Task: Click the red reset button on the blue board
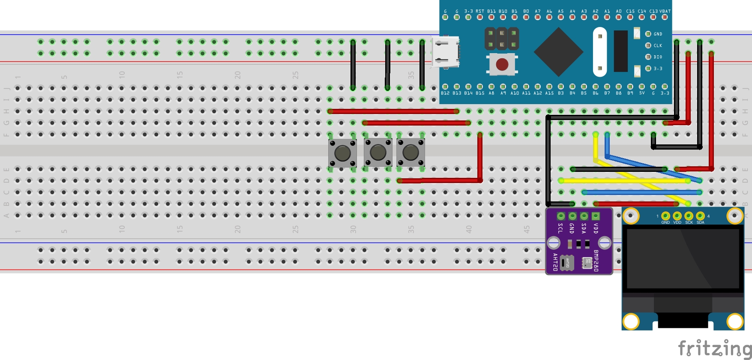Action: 502,64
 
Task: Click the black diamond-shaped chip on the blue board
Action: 558,52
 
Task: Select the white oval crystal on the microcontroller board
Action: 600,52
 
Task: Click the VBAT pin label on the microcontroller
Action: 665,12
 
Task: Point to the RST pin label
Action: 480,12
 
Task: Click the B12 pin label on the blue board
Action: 445,93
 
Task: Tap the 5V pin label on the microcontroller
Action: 642,93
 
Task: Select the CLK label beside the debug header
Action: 658,45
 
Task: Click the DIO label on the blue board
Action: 658,57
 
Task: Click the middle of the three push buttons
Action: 378,152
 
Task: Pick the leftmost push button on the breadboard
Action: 342,153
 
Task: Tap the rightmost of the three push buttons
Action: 410,152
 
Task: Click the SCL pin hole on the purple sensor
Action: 560,216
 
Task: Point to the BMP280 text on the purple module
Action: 596,261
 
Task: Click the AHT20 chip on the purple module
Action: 567,263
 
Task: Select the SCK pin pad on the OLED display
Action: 689,216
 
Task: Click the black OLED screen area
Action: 683,258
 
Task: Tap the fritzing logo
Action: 714,348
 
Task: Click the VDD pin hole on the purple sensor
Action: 596,216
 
